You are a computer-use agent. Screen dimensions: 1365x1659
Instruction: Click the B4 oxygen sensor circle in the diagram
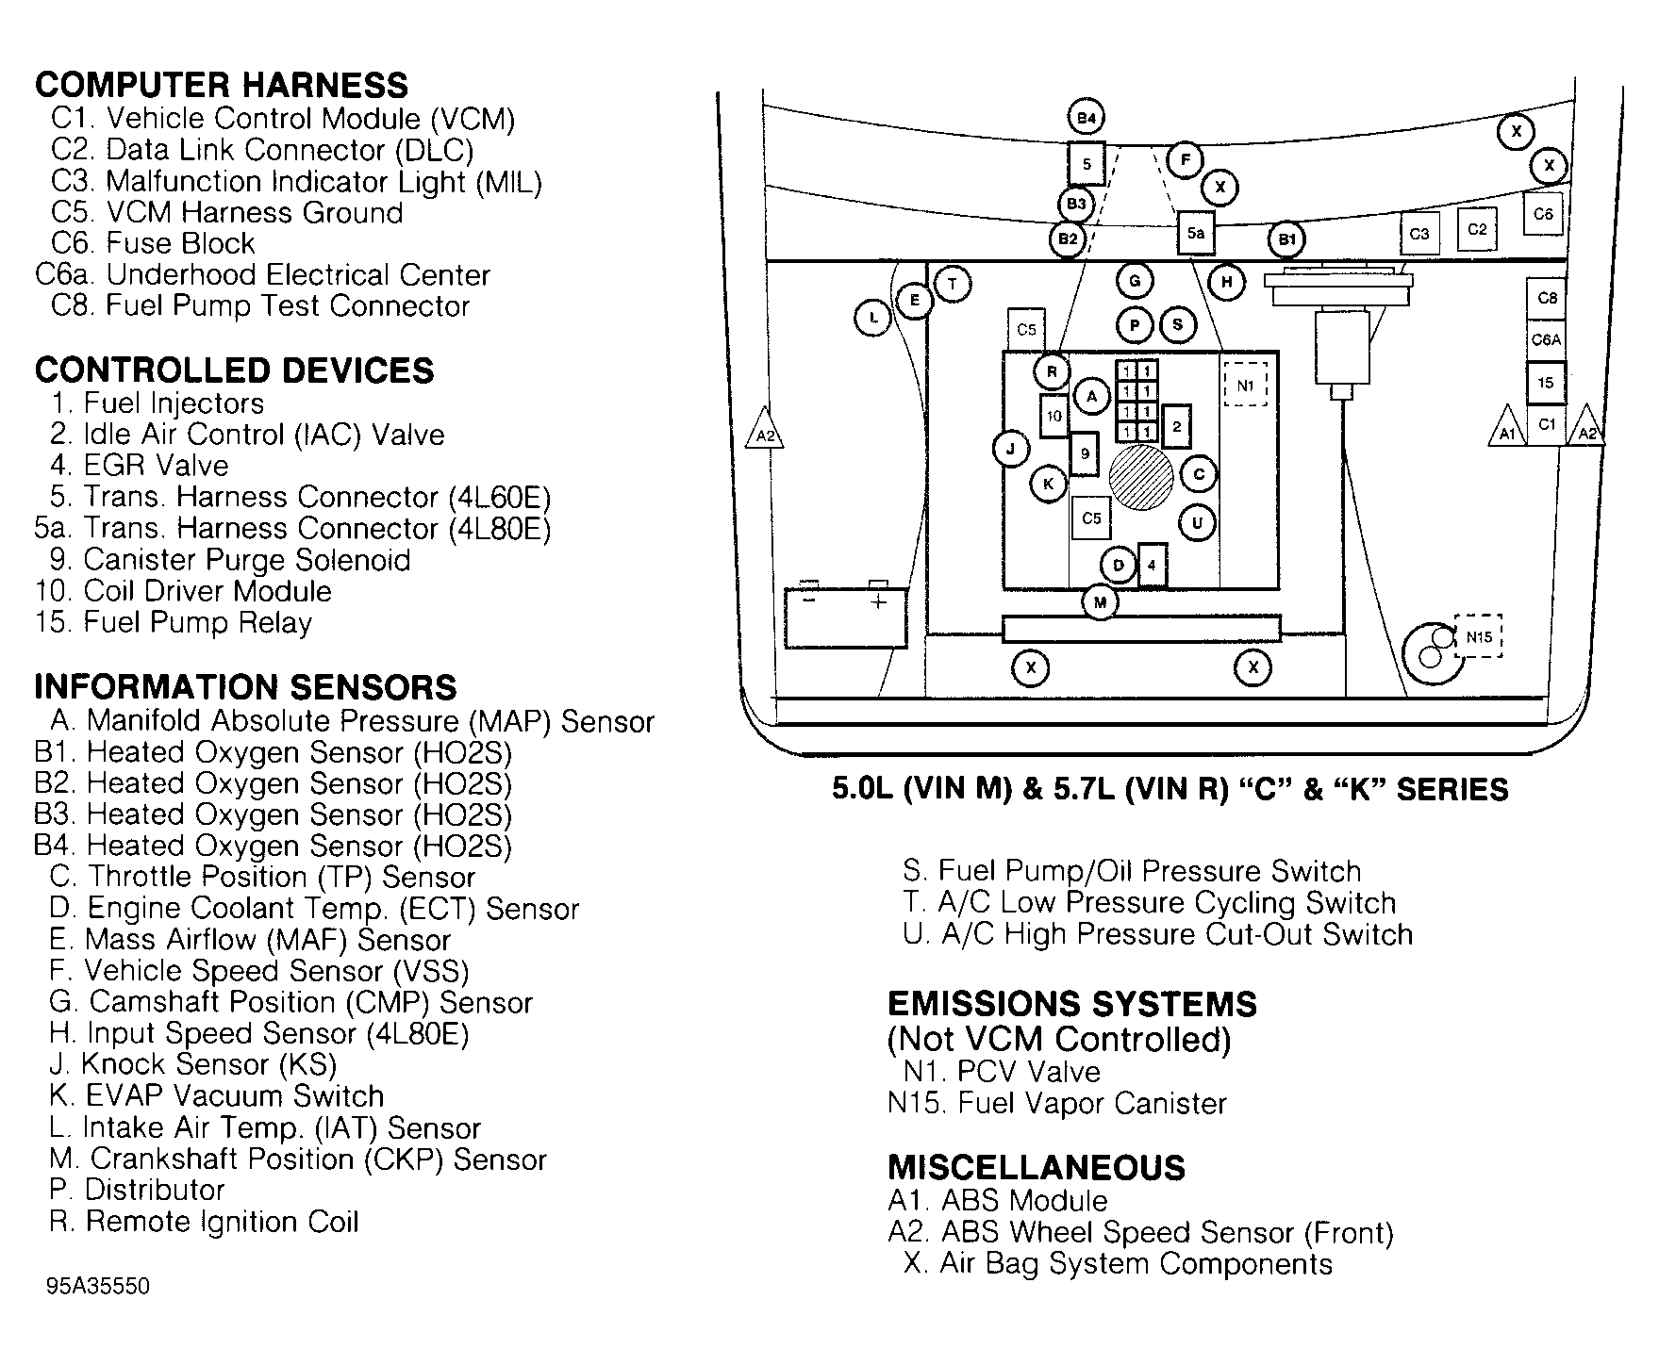1087,118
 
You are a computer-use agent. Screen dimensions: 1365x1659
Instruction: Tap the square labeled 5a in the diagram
1195,232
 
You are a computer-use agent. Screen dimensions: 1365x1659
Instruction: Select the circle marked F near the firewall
1185,160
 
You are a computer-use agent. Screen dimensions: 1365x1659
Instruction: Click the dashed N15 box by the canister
1478,637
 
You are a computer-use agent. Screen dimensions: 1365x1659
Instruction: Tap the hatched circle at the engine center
1140,477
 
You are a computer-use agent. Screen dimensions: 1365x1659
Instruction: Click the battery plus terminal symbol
878,601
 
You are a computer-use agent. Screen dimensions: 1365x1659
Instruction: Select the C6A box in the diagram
1546,339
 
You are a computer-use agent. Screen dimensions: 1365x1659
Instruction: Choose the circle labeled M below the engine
1100,601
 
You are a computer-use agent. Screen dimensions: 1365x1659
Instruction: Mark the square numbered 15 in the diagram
1546,383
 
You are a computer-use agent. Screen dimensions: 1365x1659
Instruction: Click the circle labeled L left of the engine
873,318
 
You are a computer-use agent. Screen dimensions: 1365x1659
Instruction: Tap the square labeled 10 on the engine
1054,416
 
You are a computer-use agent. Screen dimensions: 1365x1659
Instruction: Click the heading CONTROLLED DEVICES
234,370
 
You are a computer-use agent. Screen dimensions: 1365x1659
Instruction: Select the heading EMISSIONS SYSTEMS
1072,1004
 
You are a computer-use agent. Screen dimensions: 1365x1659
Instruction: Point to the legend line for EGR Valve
156,466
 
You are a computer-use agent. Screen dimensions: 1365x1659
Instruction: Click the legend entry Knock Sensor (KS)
207,1064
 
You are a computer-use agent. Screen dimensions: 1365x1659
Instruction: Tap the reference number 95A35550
97,1287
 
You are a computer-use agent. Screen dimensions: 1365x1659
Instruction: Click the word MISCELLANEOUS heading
1036,1168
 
